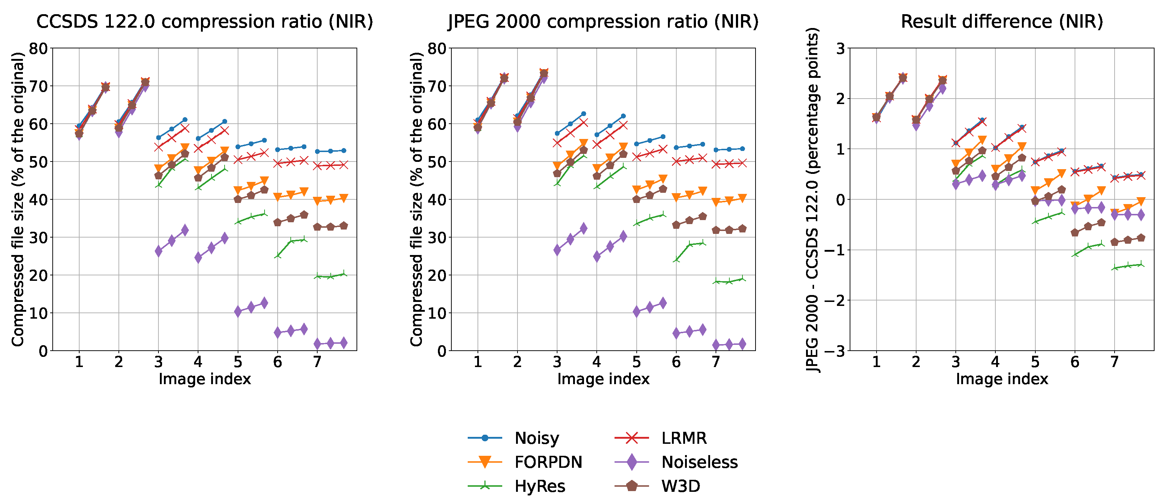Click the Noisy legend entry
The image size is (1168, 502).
pyautogui.click(x=537, y=438)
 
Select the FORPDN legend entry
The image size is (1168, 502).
pyautogui.click(x=548, y=462)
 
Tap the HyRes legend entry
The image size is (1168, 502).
pyautogui.click(x=540, y=486)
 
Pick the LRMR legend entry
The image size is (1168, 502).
pyautogui.click(x=684, y=438)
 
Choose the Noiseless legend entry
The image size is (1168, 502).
pyautogui.click(x=699, y=462)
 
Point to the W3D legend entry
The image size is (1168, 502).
pyautogui.click(x=680, y=486)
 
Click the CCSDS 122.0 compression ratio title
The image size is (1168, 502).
pyautogui.click(x=205, y=21)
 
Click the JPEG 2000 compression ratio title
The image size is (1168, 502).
pyautogui.click(x=603, y=21)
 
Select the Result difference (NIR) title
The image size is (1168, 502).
pyautogui.click(x=1002, y=21)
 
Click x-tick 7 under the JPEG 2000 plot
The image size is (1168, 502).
pyautogui.click(x=716, y=362)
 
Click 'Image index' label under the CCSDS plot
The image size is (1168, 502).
pyautogui.click(x=205, y=379)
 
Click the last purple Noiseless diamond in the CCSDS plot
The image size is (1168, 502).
pyautogui.click(x=343, y=343)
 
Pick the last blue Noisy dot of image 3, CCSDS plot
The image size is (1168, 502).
pyautogui.click(x=185, y=120)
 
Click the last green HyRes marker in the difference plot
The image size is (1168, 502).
pyautogui.click(x=1141, y=264)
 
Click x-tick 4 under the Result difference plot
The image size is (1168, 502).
pyautogui.click(x=995, y=362)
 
